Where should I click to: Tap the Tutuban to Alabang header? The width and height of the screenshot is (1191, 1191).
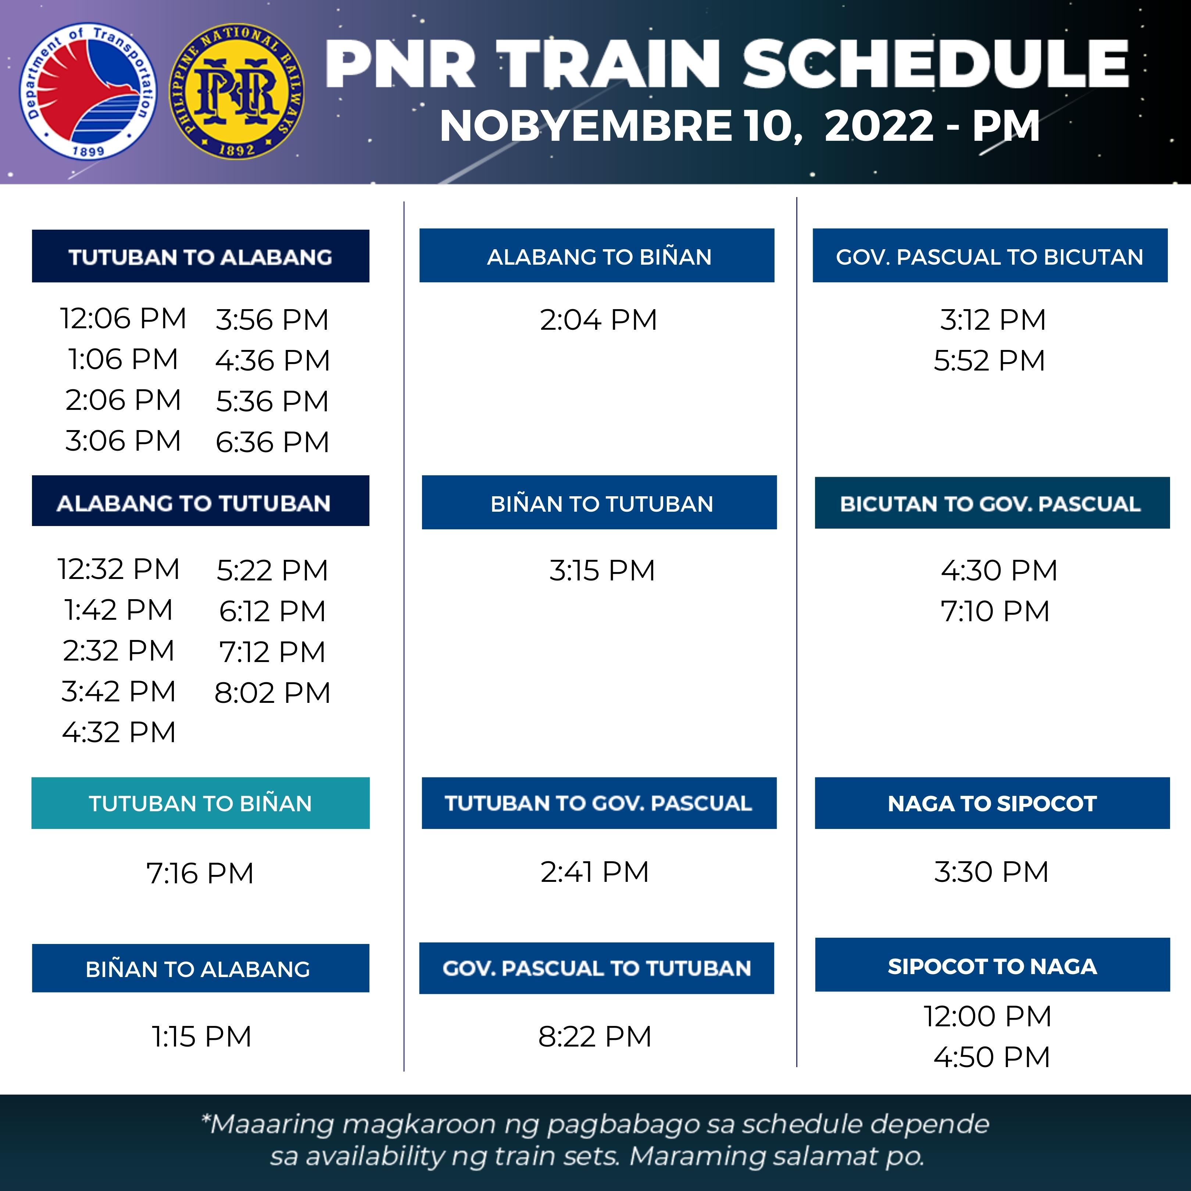200,257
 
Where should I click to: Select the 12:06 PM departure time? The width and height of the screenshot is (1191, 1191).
123,319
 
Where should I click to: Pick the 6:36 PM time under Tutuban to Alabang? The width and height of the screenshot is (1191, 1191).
272,442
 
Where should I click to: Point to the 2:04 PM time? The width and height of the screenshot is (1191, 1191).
598,320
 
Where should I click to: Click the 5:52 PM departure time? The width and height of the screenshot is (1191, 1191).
990,361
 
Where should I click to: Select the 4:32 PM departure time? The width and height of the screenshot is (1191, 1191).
119,732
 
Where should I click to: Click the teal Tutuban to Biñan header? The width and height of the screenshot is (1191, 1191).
200,803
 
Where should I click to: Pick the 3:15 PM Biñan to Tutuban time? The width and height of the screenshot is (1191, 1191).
602,570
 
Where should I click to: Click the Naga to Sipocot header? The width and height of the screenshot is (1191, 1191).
992,803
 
